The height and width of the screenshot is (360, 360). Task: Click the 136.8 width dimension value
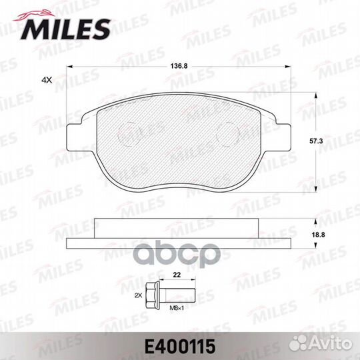(179, 66)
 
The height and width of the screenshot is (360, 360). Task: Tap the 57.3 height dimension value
(316, 141)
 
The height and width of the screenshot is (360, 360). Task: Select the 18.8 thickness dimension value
(318, 235)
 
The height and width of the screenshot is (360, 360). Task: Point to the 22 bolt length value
(177, 275)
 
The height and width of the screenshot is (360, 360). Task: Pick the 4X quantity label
(47, 80)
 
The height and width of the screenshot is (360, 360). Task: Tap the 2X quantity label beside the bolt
(138, 296)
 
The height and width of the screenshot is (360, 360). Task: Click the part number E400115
(180, 347)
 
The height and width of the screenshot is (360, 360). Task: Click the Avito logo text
(331, 344)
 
